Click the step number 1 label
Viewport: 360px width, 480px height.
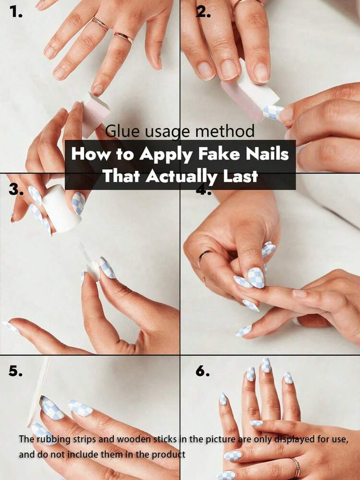(x=15, y=12)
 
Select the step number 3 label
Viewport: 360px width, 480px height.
(x=16, y=190)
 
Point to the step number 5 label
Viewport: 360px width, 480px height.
(x=15, y=371)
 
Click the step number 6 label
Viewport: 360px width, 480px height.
(x=203, y=371)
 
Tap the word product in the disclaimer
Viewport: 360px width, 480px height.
(x=168, y=455)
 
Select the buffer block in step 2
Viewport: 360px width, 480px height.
(x=250, y=92)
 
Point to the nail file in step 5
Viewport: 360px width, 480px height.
(x=38, y=394)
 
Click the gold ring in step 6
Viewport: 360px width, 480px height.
(x=296, y=467)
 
